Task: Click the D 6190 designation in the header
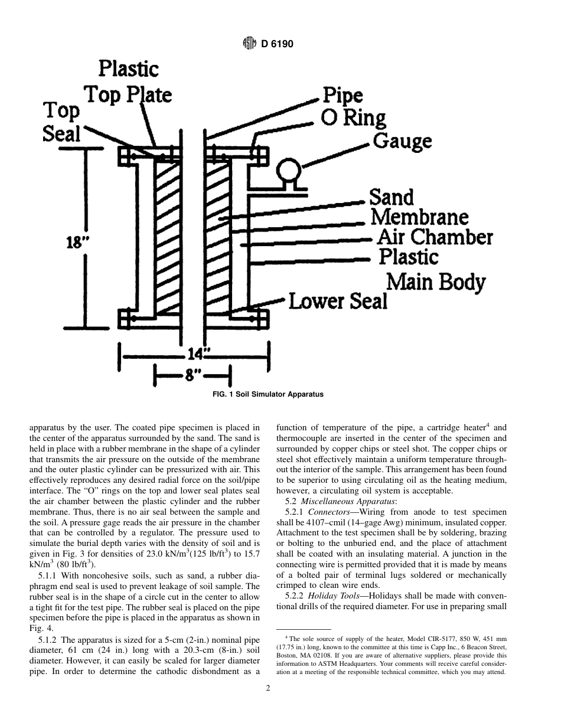click(x=278, y=44)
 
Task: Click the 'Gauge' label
click(x=402, y=142)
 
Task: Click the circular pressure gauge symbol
click(x=290, y=170)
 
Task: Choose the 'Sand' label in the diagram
click(x=391, y=197)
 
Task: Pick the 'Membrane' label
click(x=419, y=217)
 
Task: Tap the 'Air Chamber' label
click(x=435, y=237)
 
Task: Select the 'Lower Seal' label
click(x=338, y=302)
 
